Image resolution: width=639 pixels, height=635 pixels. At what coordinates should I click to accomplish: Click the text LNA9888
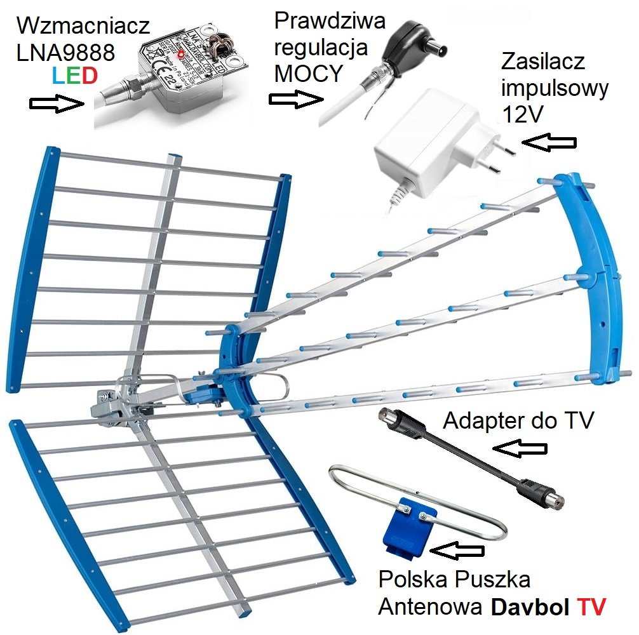[x=67, y=52]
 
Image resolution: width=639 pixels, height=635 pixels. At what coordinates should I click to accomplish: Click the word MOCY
[x=303, y=74]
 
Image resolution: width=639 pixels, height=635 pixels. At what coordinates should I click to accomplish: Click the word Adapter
[x=478, y=420]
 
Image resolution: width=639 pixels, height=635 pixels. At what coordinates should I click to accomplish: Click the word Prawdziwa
[x=330, y=21]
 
